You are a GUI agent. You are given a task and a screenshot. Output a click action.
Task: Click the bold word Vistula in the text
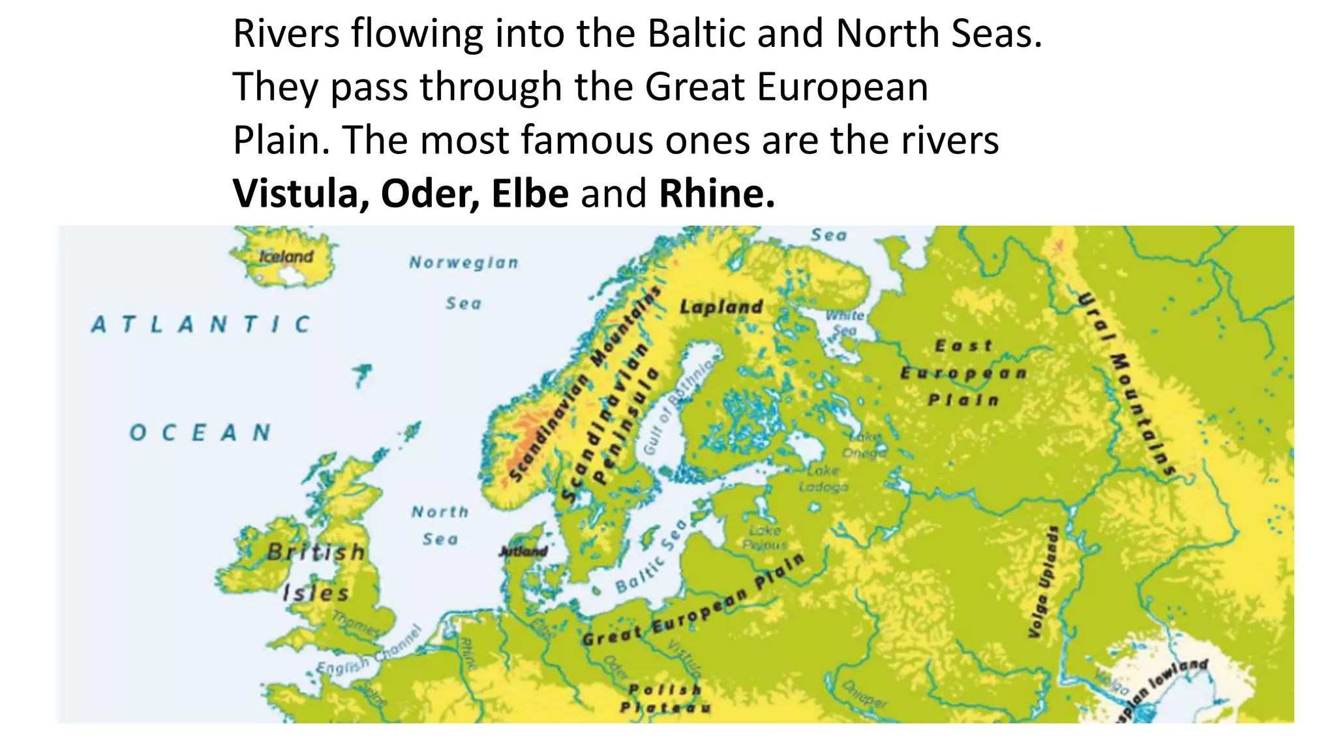coord(301,194)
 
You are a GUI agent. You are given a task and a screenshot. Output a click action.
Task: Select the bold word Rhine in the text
coord(716,194)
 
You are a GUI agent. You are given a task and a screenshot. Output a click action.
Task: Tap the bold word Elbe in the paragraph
coord(530,194)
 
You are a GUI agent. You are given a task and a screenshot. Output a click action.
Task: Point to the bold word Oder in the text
coord(430,194)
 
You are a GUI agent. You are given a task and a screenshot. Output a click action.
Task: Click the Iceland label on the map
coord(286,256)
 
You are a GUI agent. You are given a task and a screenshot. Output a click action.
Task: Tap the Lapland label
coord(721,306)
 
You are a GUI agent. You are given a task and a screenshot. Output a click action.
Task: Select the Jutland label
coord(523,552)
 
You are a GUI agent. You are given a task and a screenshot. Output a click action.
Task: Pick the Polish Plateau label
coord(665,698)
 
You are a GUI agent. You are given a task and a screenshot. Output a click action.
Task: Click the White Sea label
coord(845,323)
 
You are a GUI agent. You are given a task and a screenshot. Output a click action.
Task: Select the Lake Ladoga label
coord(824,478)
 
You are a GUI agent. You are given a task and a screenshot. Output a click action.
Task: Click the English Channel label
coord(369,652)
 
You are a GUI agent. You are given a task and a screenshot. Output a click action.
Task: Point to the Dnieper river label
coord(865,693)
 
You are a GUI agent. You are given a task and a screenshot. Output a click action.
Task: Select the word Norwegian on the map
coord(464,263)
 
